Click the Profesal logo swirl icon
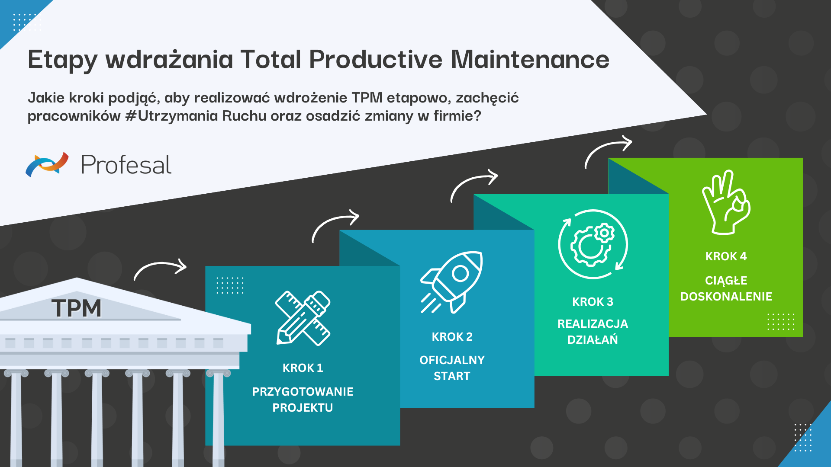click(x=47, y=164)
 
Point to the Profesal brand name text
click(x=126, y=165)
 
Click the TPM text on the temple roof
click(x=77, y=308)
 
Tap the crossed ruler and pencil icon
click(x=303, y=318)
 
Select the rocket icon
click(x=452, y=281)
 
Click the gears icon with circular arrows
click(x=593, y=244)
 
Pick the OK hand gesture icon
click(x=726, y=202)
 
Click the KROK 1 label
click(x=303, y=368)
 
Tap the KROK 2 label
click(x=452, y=337)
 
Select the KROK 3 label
click(x=593, y=302)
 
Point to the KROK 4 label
click(x=726, y=256)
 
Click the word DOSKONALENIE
click(x=726, y=297)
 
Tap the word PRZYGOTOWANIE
click(x=303, y=392)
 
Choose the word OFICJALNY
click(x=452, y=360)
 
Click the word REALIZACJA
click(x=593, y=324)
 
